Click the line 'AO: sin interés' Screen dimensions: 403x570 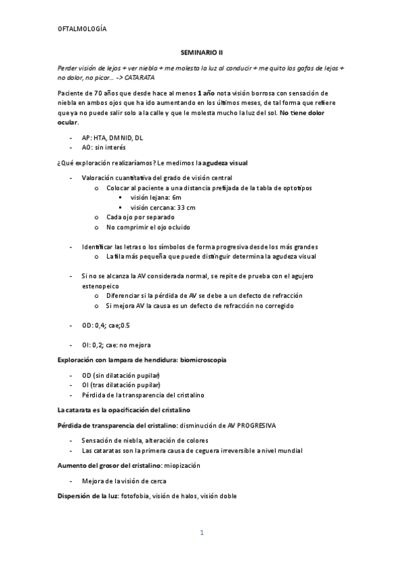coord(103,147)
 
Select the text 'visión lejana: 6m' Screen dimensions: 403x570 coord(156,198)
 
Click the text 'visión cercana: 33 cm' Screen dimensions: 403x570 coord(163,208)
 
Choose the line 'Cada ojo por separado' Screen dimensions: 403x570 coord(140,217)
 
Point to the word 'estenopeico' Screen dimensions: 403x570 coord(100,286)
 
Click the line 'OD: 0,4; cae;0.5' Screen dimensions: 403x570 coord(106,325)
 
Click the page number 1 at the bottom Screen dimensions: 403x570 coord(201,533)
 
